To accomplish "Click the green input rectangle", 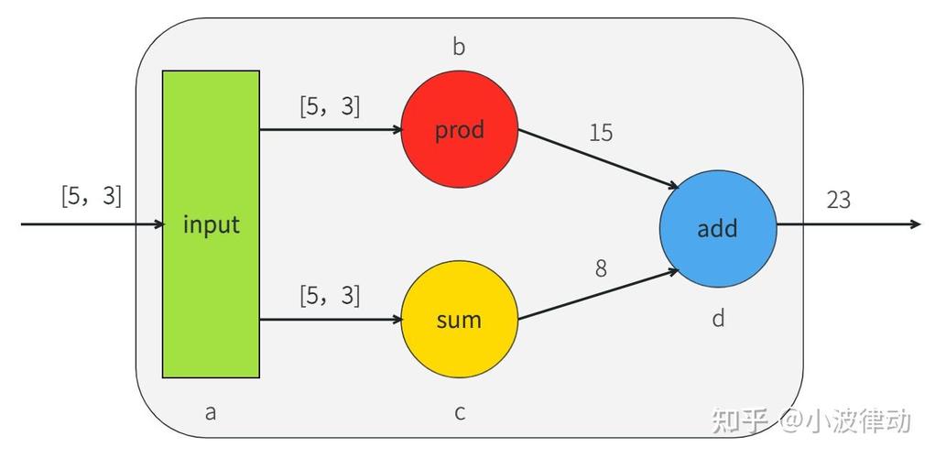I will (x=211, y=224).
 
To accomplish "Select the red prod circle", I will (x=459, y=130).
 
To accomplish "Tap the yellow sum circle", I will (x=459, y=319).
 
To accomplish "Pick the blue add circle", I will (x=717, y=227).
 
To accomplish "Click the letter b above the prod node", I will (x=459, y=48).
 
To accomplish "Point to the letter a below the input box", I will (x=211, y=412).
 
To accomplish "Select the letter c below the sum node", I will (x=460, y=412).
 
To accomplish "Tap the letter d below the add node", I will (x=718, y=319).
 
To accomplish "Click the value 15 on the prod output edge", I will (x=601, y=133).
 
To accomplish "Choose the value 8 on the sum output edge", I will (x=601, y=268).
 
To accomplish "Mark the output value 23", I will (x=838, y=200).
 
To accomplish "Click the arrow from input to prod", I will (x=330, y=130).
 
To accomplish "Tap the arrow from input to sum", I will (x=330, y=320).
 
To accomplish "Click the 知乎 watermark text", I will (x=739, y=420).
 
